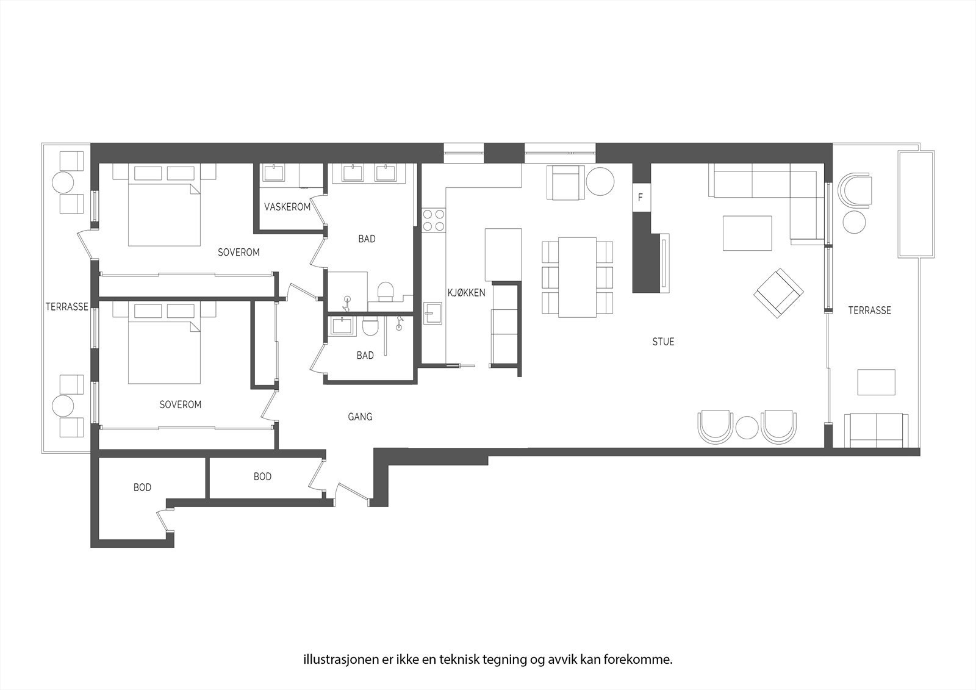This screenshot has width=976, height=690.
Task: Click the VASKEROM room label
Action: (x=287, y=207)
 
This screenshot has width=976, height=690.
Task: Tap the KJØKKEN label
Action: (x=466, y=292)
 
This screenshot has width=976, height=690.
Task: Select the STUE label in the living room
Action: (x=663, y=342)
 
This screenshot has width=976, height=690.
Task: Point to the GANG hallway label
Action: (x=360, y=417)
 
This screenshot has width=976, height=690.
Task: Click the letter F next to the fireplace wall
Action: (x=640, y=198)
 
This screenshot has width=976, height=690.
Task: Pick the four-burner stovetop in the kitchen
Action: (x=434, y=220)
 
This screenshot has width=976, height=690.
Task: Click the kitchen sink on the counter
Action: (x=432, y=314)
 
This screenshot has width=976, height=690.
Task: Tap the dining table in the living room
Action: (x=577, y=277)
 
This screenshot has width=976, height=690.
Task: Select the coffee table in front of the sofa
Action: (x=747, y=233)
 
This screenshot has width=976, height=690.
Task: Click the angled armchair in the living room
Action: (x=778, y=293)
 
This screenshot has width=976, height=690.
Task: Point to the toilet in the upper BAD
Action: (x=385, y=291)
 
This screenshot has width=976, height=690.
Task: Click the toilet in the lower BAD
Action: (x=370, y=326)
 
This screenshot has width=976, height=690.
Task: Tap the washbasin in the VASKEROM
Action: (x=273, y=173)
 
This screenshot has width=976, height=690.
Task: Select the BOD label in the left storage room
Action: (x=142, y=487)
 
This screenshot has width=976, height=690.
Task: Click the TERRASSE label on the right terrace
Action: (x=869, y=311)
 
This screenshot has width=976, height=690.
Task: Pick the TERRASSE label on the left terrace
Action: (x=66, y=307)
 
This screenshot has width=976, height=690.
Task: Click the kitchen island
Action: (x=503, y=255)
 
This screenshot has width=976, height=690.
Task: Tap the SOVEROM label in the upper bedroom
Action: (x=239, y=252)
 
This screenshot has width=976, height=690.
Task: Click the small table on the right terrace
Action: (x=876, y=382)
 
